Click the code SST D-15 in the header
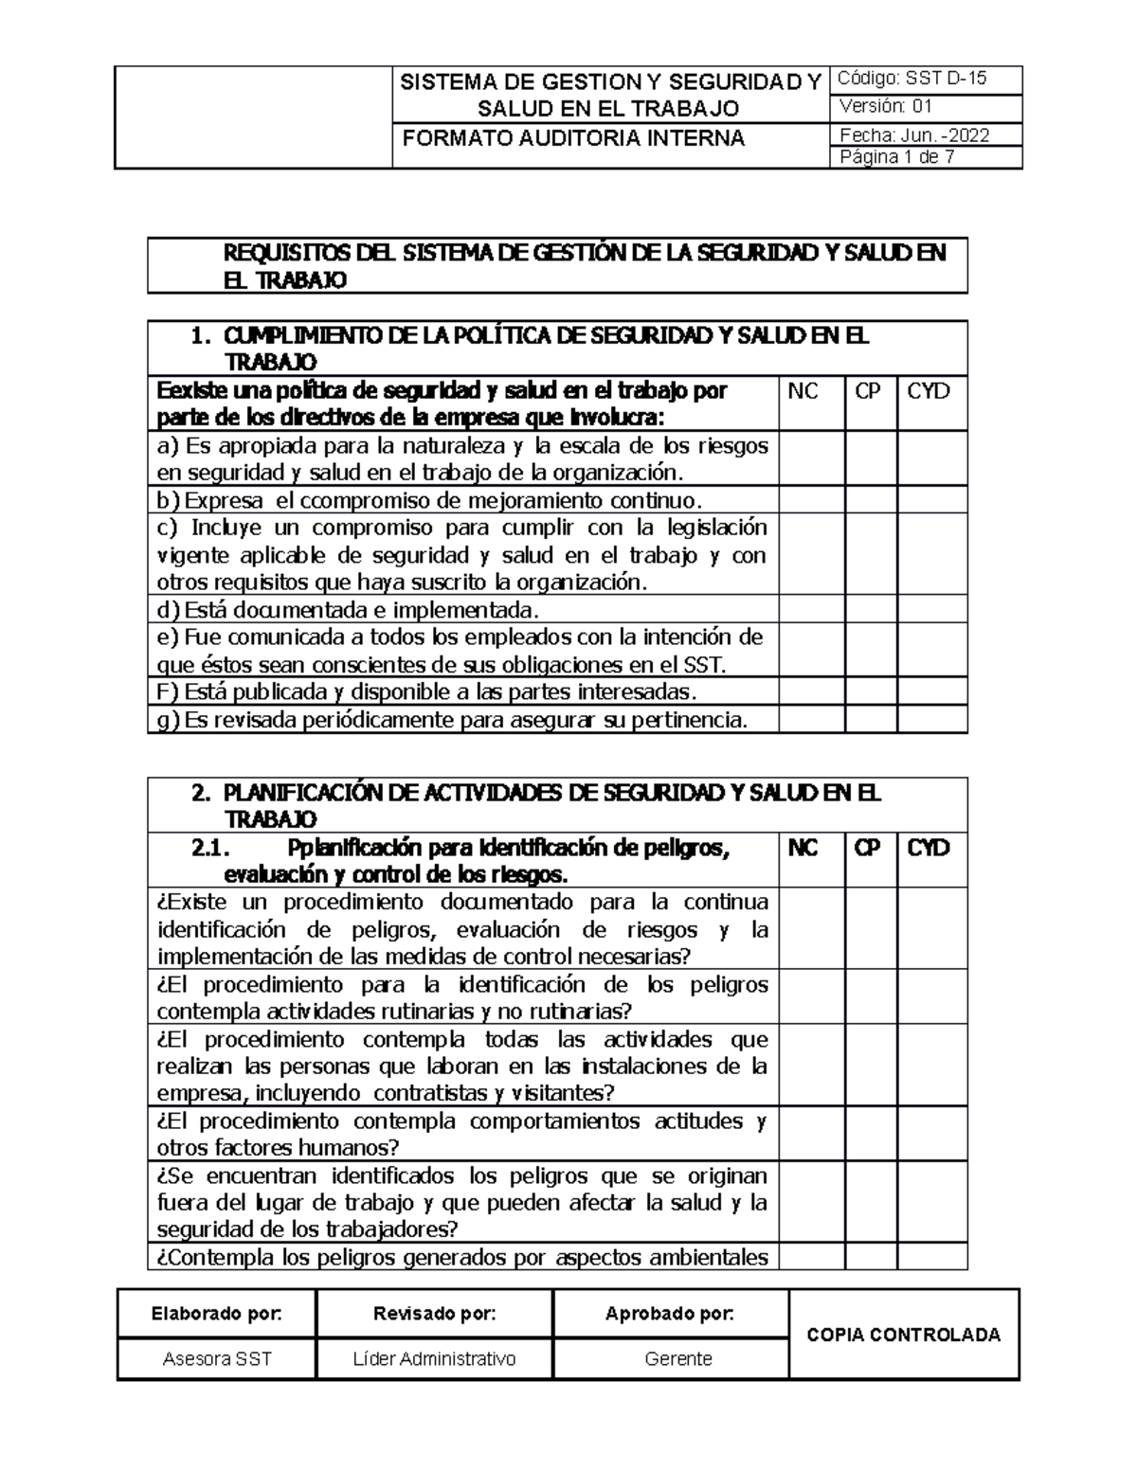(x=946, y=79)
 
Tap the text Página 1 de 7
(x=897, y=157)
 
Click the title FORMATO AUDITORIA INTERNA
(x=573, y=138)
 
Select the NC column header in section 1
(x=803, y=391)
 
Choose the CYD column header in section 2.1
(x=929, y=848)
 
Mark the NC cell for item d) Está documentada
(x=812, y=609)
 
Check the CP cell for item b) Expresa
(x=871, y=500)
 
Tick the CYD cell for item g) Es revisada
(x=932, y=720)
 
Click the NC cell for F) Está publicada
(x=812, y=691)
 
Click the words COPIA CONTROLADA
(x=903, y=1335)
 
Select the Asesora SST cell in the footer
(x=217, y=1359)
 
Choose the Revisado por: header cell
(x=434, y=1314)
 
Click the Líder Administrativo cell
(x=434, y=1359)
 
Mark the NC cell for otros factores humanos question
(x=812, y=1134)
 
